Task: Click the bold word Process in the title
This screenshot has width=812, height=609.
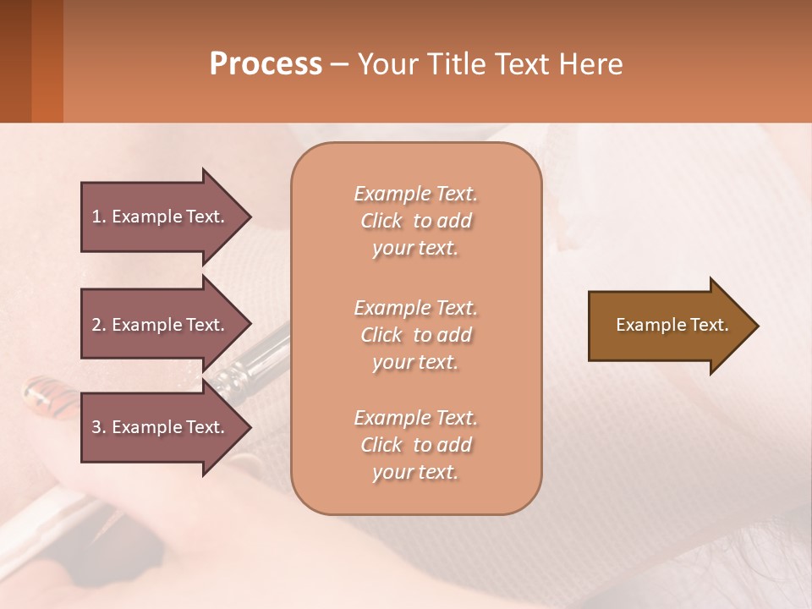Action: [266, 64]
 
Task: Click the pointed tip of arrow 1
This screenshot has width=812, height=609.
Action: [248, 217]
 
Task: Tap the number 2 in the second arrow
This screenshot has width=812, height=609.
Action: [96, 325]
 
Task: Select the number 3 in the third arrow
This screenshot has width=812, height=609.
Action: [96, 427]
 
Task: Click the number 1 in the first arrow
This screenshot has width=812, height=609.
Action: [96, 217]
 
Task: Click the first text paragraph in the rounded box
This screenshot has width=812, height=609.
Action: [415, 221]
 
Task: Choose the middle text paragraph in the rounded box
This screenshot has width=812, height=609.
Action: [415, 335]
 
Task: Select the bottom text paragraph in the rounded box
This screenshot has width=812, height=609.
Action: [415, 445]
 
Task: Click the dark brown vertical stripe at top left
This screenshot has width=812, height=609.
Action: [15, 61]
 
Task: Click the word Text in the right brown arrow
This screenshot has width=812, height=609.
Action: [710, 325]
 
